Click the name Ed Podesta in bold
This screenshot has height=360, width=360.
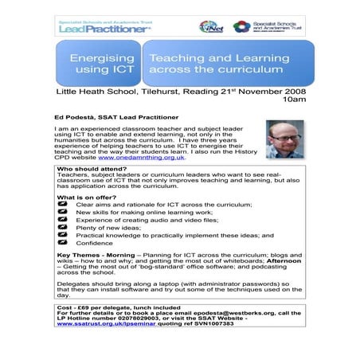(x=87, y=117)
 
